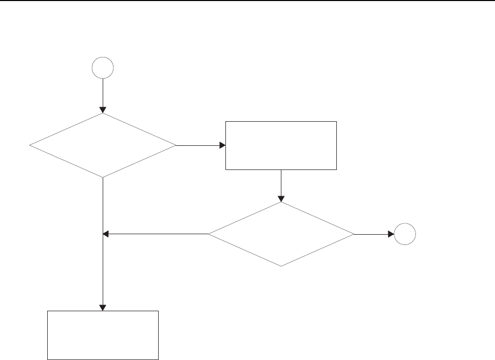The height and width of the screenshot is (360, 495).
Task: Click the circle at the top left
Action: pyautogui.click(x=102, y=68)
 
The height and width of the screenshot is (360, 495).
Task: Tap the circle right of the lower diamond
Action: pyautogui.click(x=405, y=234)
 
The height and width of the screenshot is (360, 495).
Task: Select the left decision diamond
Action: pyautogui.click(x=103, y=146)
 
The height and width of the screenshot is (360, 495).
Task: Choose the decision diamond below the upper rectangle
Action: pyautogui.click(x=281, y=234)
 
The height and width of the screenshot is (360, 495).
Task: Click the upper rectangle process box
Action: pyautogui.click(x=281, y=145)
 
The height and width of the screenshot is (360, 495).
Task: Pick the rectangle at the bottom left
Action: pyautogui.click(x=103, y=335)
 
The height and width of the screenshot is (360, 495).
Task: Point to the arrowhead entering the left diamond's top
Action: pyautogui.click(x=103, y=110)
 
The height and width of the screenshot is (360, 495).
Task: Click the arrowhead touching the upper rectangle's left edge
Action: pyautogui.click(x=222, y=145)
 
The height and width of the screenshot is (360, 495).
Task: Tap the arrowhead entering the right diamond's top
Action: pyautogui.click(x=281, y=199)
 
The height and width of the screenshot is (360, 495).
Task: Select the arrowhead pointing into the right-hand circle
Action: pyautogui.click(x=391, y=234)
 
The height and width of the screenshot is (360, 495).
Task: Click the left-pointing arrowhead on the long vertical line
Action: pyautogui.click(x=106, y=234)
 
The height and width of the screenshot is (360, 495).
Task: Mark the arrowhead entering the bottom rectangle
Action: pyautogui.click(x=103, y=308)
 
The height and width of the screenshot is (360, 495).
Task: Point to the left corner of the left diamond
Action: pyautogui.click(x=30, y=146)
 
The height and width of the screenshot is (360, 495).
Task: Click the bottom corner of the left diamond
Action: pyautogui.click(x=103, y=178)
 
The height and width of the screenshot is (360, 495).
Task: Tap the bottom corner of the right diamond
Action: pyautogui.click(x=281, y=266)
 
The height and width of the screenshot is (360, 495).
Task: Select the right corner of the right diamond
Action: pyautogui.click(x=354, y=234)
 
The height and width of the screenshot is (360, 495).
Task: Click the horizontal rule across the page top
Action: pyautogui.click(x=247, y=1)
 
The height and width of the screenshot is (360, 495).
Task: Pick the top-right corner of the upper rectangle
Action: pyautogui.click(x=336, y=122)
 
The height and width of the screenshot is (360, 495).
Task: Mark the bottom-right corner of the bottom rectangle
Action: pyautogui.click(x=158, y=359)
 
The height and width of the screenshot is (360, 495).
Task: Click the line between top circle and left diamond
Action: pyautogui.click(x=103, y=92)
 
